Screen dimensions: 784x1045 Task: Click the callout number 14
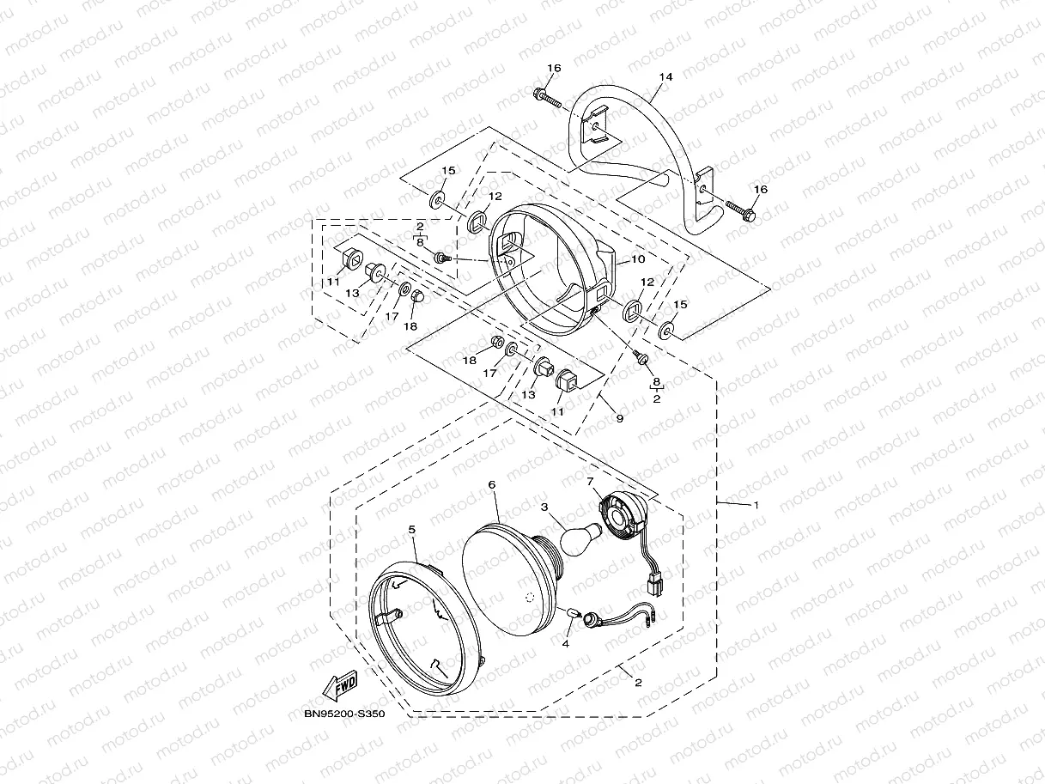pos(665,77)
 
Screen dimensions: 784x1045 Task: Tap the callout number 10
pos(638,258)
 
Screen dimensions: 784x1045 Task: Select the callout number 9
pos(619,418)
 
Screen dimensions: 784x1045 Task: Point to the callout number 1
pos(756,505)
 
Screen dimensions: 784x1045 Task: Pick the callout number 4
pos(567,642)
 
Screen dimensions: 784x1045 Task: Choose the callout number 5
pos(412,531)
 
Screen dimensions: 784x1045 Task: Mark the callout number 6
pos(492,484)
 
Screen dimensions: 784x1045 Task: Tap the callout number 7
pos(590,482)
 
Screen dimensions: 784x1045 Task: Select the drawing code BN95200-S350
pos(343,712)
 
